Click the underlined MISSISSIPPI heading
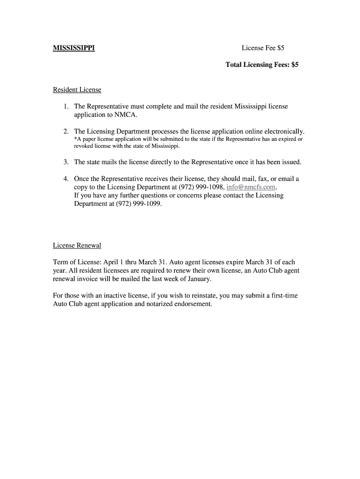(x=74, y=48)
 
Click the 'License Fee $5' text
(x=263, y=48)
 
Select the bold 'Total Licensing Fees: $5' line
(x=262, y=65)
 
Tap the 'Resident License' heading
(x=77, y=89)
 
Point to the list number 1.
(x=66, y=107)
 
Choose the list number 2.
(x=66, y=131)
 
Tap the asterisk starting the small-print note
(x=76, y=139)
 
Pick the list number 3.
(x=66, y=162)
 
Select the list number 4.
(x=66, y=179)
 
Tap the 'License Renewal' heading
(x=77, y=246)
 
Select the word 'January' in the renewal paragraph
(x=198, y=279)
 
